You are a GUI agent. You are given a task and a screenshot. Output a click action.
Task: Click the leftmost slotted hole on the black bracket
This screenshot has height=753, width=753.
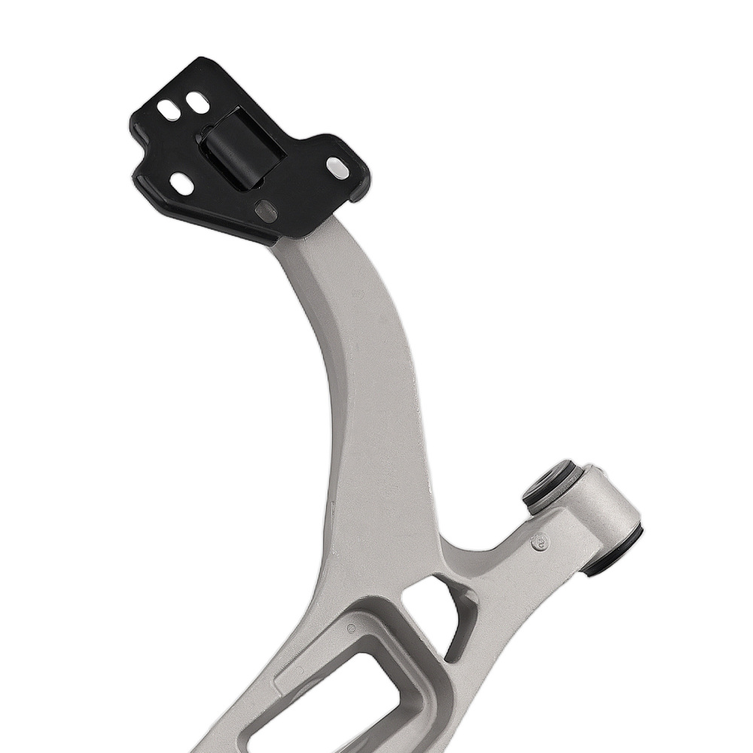point(169,110)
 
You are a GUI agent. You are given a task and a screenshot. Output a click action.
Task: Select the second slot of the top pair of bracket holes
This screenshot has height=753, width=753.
point(198,102)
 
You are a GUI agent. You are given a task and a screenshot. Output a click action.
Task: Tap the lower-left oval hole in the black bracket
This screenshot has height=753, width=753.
point(181,183)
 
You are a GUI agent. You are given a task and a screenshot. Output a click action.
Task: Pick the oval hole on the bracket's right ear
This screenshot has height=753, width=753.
point(338,167)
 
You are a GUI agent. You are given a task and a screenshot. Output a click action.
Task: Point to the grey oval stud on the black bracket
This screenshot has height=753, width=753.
point(266,211)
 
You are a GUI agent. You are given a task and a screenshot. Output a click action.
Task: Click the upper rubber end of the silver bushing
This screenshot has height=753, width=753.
point(551,486)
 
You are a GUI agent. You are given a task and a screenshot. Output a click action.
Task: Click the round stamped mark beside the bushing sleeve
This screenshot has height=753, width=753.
point(539,541)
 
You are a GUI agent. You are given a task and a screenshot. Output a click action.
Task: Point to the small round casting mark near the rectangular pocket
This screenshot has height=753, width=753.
point(351,628)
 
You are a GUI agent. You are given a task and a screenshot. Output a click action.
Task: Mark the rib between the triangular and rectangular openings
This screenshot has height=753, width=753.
point(410,640)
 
